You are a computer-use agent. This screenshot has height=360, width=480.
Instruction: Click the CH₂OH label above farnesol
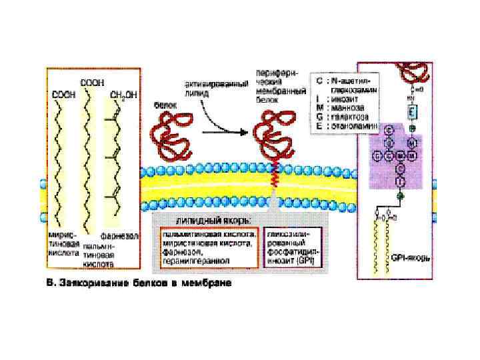coord(123,95)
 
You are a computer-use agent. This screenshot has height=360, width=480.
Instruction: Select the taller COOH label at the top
coord(91,82)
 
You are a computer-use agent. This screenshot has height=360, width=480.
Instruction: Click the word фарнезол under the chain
coord(119,236)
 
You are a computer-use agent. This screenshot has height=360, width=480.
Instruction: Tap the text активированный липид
coord(207,89)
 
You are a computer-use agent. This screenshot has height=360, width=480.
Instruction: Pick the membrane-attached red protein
coord(273,133)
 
